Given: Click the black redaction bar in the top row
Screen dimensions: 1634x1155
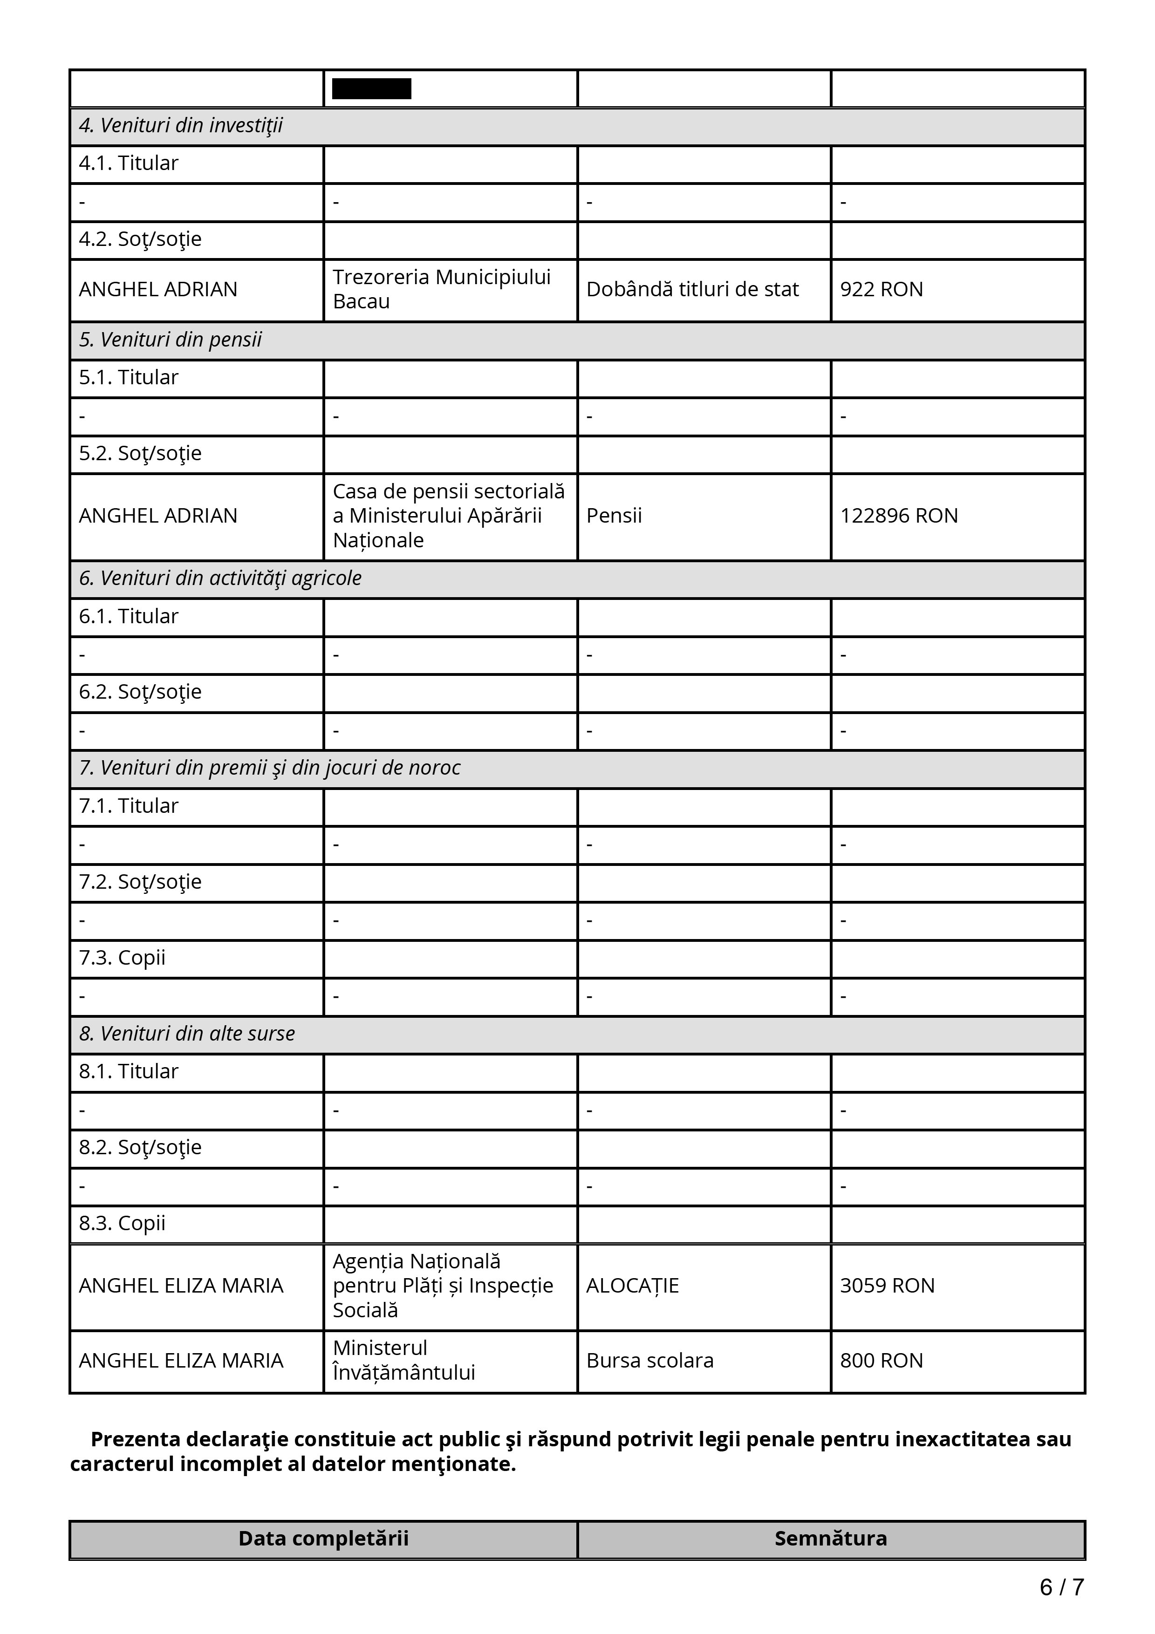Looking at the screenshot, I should [x=371, y=89].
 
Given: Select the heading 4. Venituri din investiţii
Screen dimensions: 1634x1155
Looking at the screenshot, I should [x=181, y=126].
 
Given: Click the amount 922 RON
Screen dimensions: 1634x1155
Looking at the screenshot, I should [x=881, y=290].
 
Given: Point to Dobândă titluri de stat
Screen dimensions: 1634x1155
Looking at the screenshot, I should [x=692, y=290].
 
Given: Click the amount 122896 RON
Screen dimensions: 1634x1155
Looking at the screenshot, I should [x=898, y=516].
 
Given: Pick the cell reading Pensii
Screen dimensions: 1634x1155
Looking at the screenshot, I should [x=614, y=516].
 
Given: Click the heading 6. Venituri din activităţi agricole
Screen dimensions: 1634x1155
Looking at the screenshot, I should [x=220, y=579].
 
